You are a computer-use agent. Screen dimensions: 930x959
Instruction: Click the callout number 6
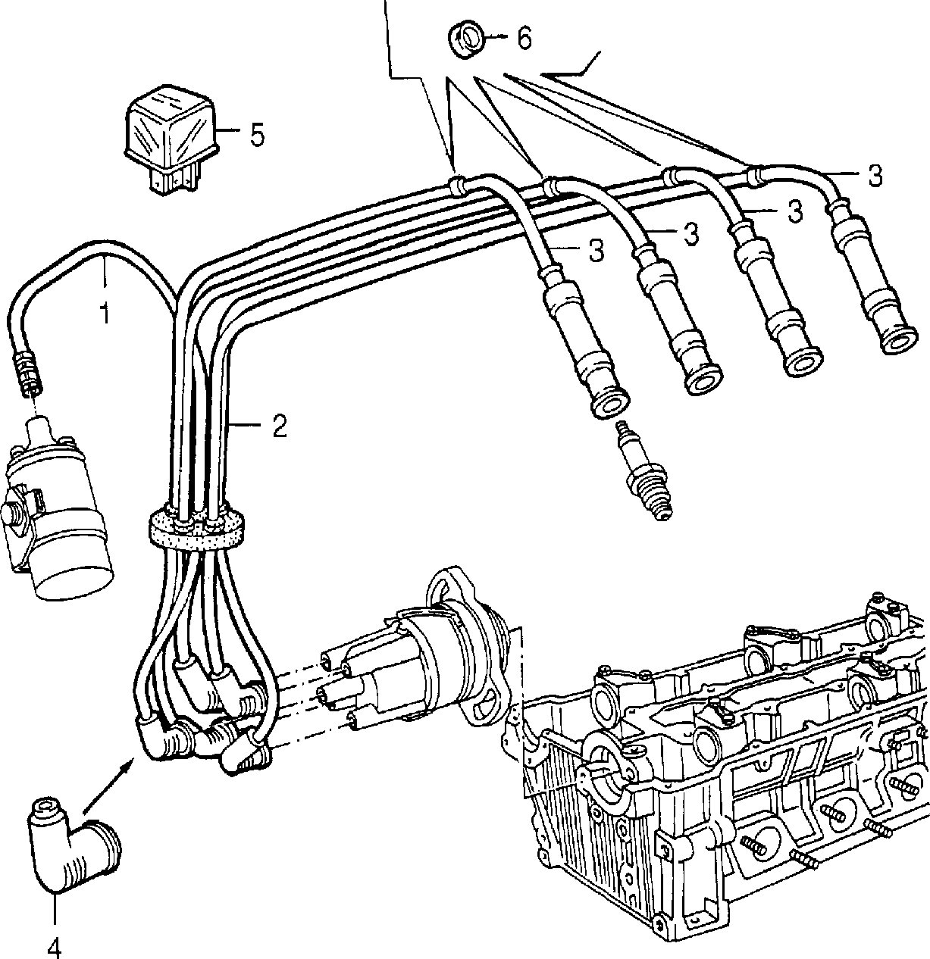(524, 37)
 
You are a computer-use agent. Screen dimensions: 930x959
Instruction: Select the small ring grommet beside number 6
(466, 39)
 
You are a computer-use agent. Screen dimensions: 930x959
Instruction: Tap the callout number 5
(256, 134)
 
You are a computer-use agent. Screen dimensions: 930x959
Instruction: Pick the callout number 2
(279, 425)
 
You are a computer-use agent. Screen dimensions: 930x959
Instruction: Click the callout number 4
(55, 945)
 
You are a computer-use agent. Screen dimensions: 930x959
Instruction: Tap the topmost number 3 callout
(874, 176)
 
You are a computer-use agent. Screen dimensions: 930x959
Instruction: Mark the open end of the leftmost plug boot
(611, 403)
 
